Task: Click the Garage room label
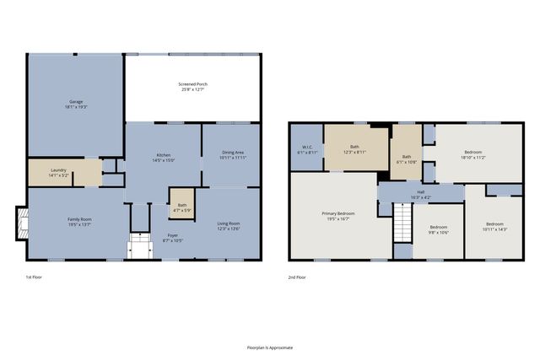pyautogui.click(x=76, y=105)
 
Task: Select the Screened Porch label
pyautogui.click(x=192, y=87)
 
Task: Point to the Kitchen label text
pyautogui.click(x=164, y=157)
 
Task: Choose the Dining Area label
pyautogui.click(x=232, y=155)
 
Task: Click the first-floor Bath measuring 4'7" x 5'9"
pyautogui.click(x=182, y=207)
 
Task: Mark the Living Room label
pyautogui.click(x=229, y=225)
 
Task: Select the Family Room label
pyautogui.click(x=80, y=223)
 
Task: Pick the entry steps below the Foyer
pyautogui.click(x=138, y=249)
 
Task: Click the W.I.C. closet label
pyautogui.click(x=307, y=150)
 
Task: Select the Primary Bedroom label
pyautogui.click(x=337, y=216)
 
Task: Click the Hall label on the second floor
pyautogui.click(x=419, y=195)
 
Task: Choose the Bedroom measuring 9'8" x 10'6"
pyautogui.click(x=438, y=228)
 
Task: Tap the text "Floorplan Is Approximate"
pyautogui.click(x=270, y=347)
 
